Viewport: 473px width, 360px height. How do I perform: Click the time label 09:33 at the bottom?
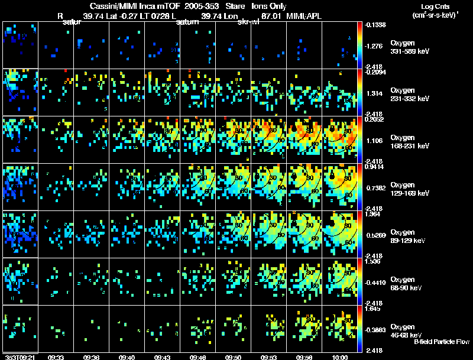click(x=56, y=357)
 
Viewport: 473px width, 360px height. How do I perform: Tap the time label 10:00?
click(x=340, y=357)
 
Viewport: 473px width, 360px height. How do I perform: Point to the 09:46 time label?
click(x=198, y=357)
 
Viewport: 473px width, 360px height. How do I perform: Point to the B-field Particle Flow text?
click(x=441, y=342)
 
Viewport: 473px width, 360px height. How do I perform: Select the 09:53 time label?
click(x=270, y=357)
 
